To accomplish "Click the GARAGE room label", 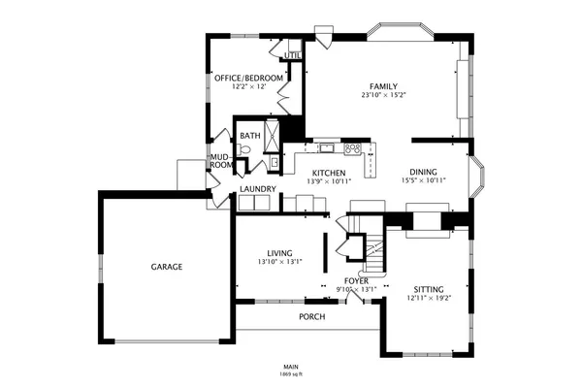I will click(x=167, y=266).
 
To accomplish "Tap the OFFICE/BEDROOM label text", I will click(x=249, y=78).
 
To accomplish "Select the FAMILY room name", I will click(x=384, y=86).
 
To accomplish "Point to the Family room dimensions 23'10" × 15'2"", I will click(x=384, y=95).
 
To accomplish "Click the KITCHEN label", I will click(x=329, y=173).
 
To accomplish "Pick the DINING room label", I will click(x=423, y=172).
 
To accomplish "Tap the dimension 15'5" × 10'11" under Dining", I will click(x=423, y=180).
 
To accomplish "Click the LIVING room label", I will click(x=280, y=252).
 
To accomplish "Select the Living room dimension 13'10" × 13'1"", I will click(x=280, y=261).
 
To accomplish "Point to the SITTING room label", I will click(x=428, y=289).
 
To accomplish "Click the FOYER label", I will click(x=356, y=280).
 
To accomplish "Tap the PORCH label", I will click(x=311, y=317).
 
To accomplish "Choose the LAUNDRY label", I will click(x=259, y=189).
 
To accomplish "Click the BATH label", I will click(x=250, y=136).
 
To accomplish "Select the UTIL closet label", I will click(x=291, y=55).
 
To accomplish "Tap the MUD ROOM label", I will click(x=220, y=160).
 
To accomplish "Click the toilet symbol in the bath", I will click(x=245, y=150).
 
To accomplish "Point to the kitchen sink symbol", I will click(x=327, y=148).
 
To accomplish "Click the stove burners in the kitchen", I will click(x=354, y=148).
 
